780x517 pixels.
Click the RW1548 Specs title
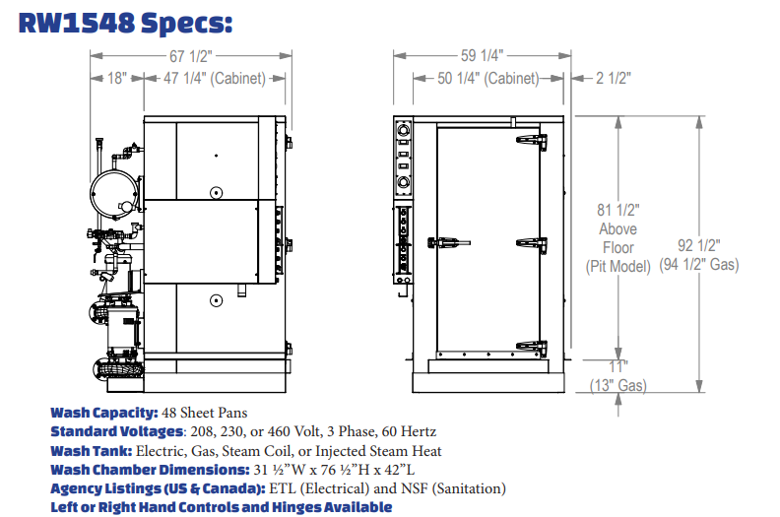click(x=125, y=23)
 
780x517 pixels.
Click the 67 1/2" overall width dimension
click(x=191, y=56)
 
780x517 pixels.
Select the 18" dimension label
click(x=117, y=78)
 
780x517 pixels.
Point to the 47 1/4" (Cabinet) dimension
click(x=215, y=78)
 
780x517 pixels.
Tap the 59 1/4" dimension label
click(x=482, y=55)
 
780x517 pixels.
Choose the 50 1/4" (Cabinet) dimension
click(x=488, y=78)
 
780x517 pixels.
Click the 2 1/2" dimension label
click(x=614, y=78)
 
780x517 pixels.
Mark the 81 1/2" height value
click(x=618, y=210)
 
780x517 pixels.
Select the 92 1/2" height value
click(x=699, y=245)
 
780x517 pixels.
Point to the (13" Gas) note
click(x=618, y=385)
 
